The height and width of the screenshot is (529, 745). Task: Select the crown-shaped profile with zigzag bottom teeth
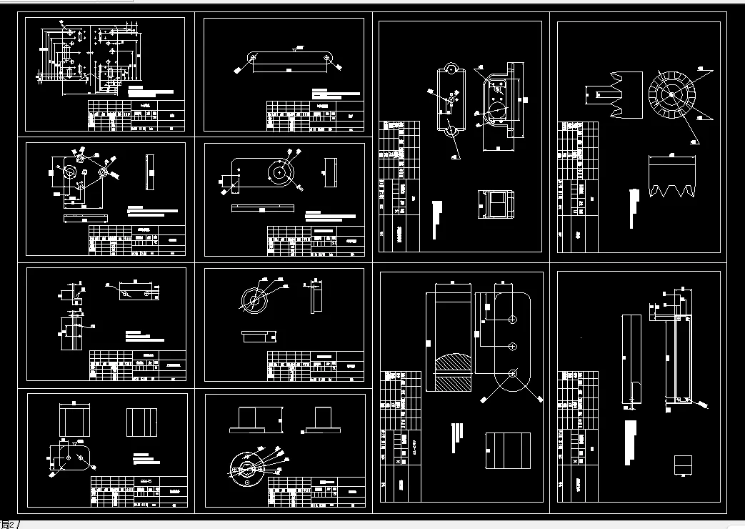click(x=671, y=176)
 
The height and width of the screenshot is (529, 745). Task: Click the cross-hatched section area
click(x=449, y=371)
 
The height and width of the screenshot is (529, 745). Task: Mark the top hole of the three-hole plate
click(x=512, y=318)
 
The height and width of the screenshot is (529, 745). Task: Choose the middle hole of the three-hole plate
click(x=512, y=346)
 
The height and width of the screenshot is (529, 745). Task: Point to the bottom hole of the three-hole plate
click(x=512, y=372)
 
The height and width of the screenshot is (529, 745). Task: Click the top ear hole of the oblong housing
click(x=451, y=68)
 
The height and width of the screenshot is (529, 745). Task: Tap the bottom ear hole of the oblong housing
click(x=451, y=132)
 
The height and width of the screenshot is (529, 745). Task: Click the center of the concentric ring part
click(x=252, y=301)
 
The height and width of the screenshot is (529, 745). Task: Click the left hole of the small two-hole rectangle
click(x=126, y=293)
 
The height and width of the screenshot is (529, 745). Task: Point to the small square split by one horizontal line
click(x=684, y=465)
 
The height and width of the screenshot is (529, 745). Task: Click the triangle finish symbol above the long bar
click(x=295, y=49)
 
